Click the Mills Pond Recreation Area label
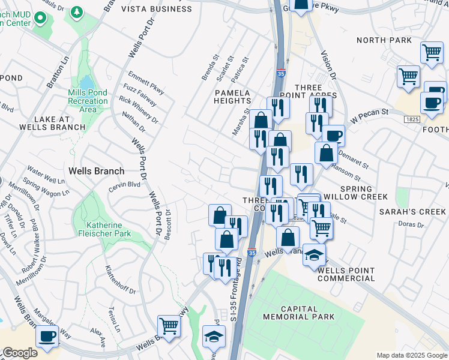pyautogui.click(x=88, y=100)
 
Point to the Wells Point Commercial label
pyautogui.click(x=346, y=274)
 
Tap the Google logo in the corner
pyautogui.click(x=20, y=353)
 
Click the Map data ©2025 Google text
pyautogui.click(x=411, y=355)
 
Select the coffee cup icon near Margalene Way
pyautogui.click(x=47, y=337)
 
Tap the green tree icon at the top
pyautogui.click(x=76, y=12)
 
